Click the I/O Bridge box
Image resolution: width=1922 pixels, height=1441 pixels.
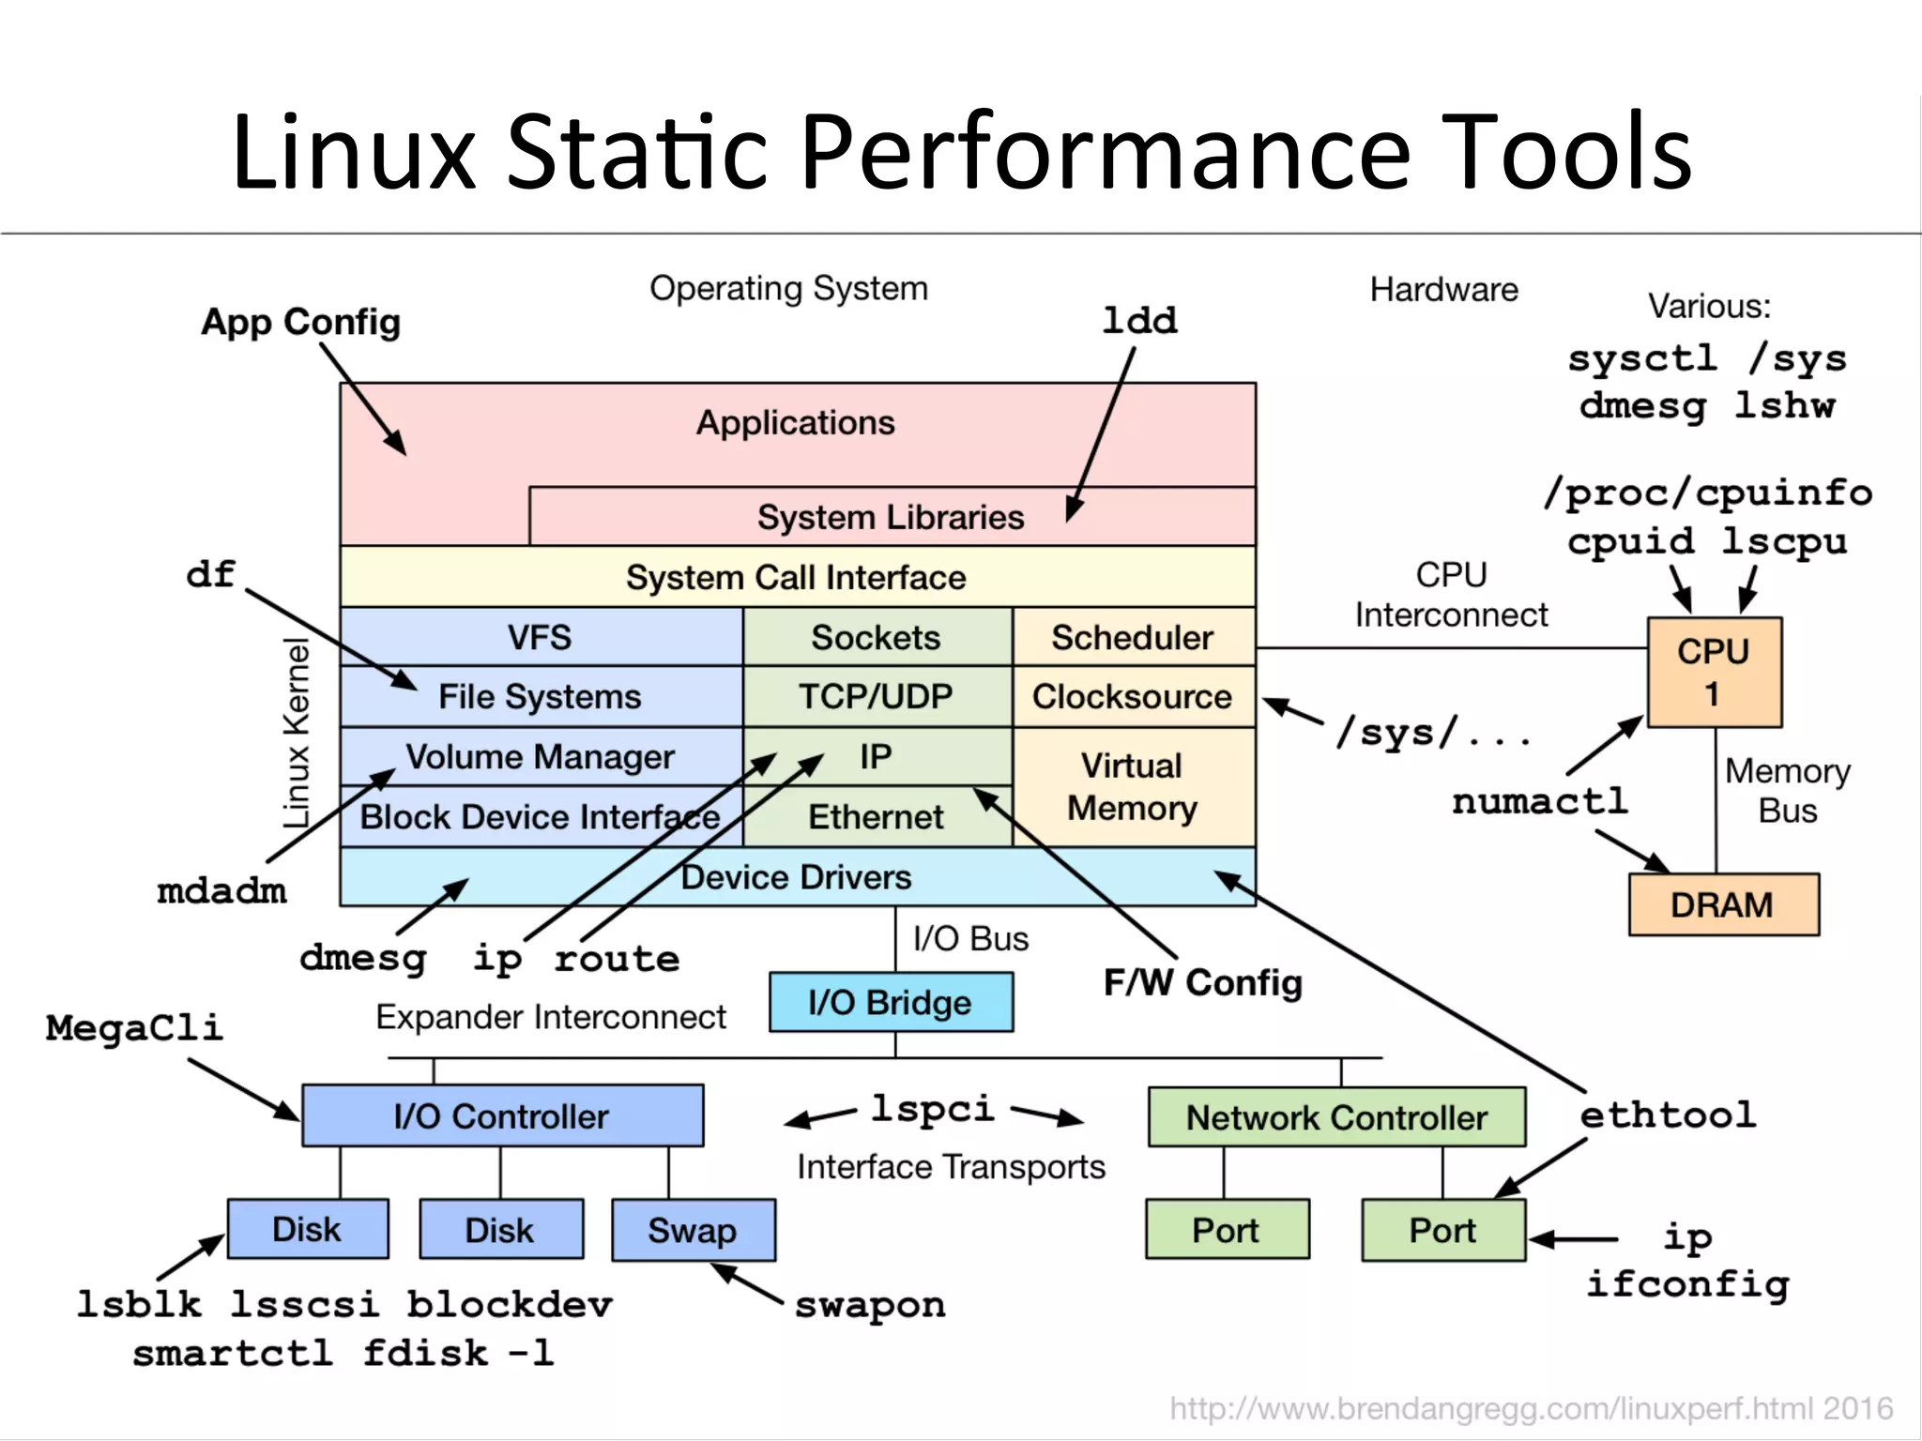891,1002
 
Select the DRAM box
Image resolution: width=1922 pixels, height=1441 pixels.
1723,904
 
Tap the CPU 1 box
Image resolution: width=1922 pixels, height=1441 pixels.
1714,672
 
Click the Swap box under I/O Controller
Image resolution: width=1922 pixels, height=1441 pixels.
693,1230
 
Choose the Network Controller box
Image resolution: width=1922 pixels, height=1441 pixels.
1336,1117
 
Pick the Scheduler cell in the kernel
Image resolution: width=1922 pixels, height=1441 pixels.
1133,637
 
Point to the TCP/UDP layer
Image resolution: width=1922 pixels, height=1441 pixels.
876,696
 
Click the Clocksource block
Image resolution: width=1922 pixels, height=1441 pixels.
1133,696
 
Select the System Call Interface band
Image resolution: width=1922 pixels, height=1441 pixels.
797,577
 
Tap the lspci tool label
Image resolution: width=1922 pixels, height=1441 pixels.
932,1109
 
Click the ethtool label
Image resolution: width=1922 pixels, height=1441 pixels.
1668,1115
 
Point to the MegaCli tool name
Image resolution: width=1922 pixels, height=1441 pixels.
135,1027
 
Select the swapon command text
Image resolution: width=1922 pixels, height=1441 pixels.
870,1305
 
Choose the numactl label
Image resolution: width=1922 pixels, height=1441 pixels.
1540,801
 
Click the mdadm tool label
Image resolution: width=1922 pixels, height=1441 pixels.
222,890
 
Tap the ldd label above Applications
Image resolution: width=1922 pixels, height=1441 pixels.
1139,321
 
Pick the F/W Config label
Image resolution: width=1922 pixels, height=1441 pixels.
1203,982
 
